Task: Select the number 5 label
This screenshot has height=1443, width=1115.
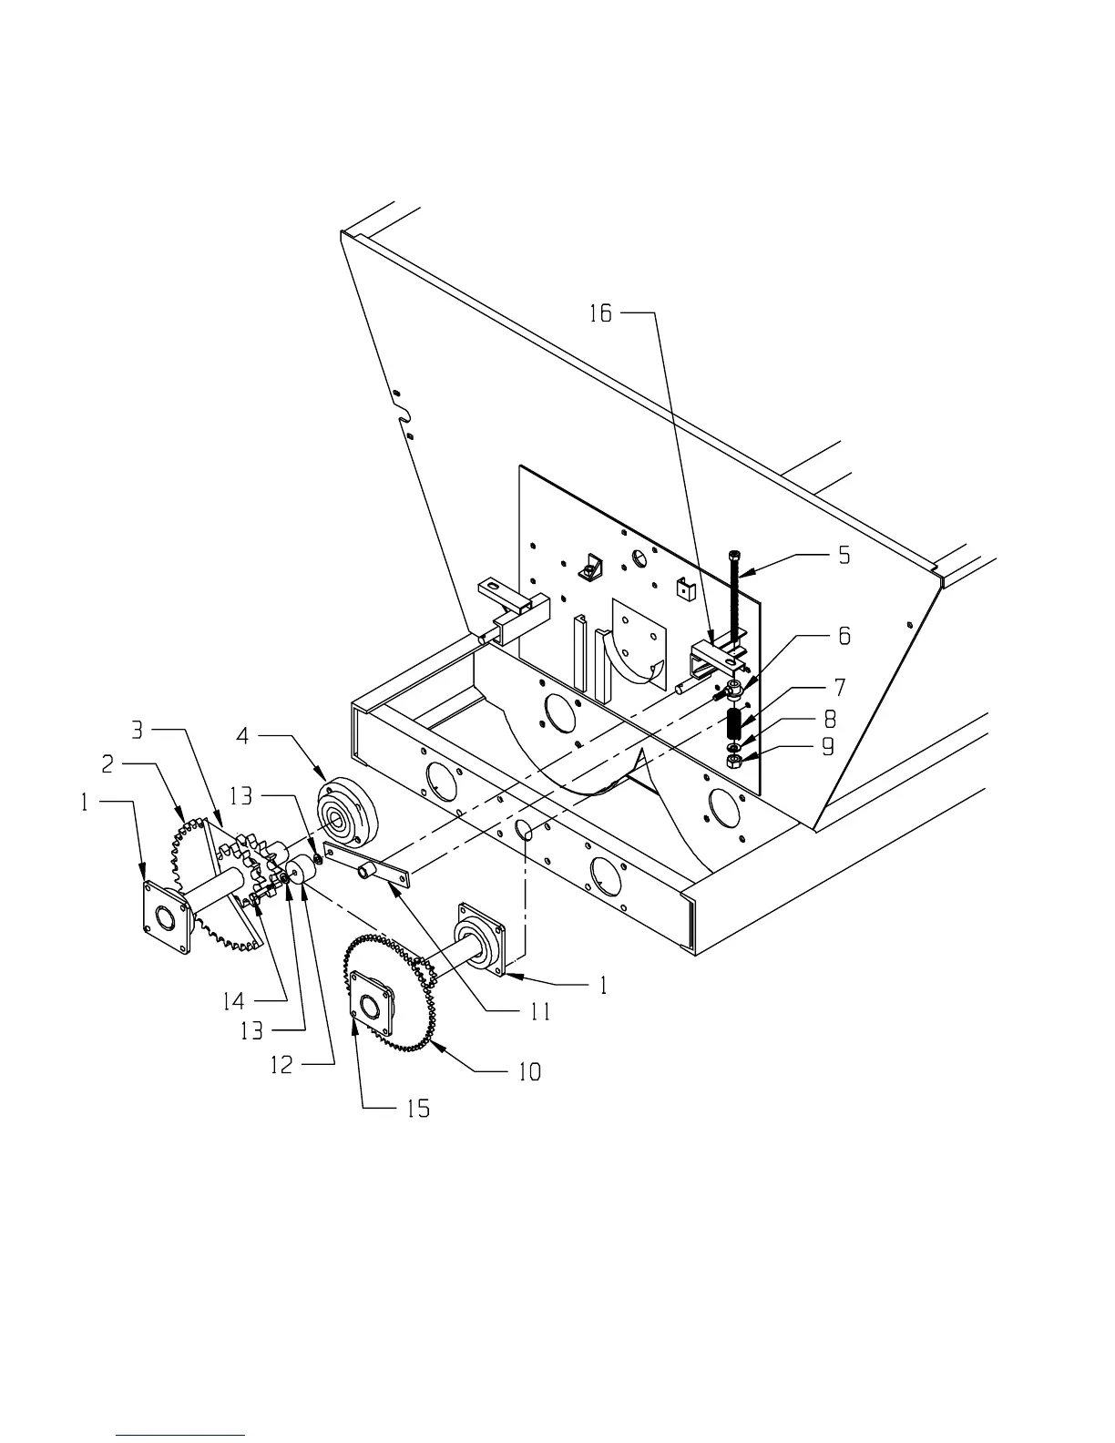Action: pos(844,554)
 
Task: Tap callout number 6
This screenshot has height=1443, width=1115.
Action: pos(844,635)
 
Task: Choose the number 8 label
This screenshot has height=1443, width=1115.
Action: pos(830,719)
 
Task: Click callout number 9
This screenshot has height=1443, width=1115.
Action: pos(827,747)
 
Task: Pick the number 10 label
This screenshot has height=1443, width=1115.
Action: pos(529,1071)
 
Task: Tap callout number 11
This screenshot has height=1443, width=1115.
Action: pos(540,1011)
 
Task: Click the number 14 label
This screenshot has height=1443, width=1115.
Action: pos(233,1001)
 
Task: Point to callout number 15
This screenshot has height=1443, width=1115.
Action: pos(417,1109)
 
